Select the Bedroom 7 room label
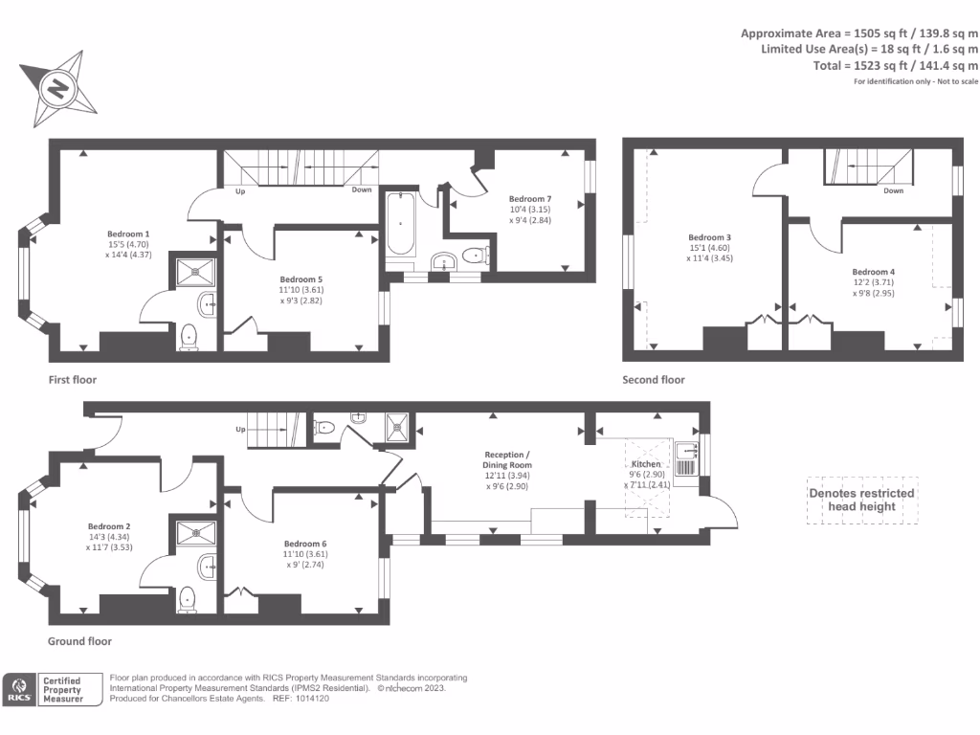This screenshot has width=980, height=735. click(529, 199)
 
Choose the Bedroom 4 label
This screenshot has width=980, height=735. click(873, 272)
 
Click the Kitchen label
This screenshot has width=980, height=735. click(646, 464)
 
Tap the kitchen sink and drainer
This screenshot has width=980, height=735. click(685, 459)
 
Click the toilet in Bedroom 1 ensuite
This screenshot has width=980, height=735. click(189, 335)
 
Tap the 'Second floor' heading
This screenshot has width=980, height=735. click(654, 380)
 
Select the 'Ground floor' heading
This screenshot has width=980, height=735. click(79, 641)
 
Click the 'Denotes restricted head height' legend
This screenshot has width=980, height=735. click(861, 500)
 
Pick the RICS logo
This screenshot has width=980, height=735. click(19, 690)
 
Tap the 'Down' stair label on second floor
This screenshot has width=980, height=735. click(893, 190)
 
